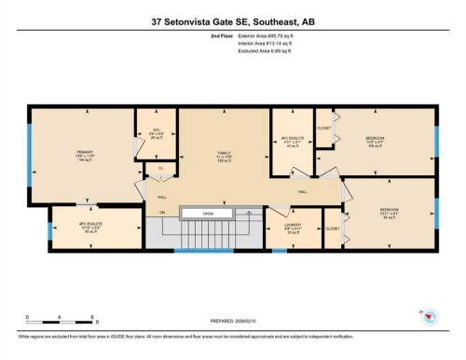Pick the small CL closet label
pos(160,169)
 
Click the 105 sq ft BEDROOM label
pos(376,140)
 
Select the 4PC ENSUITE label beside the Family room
pos(292,141)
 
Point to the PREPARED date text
pos(232,315)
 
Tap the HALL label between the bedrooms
pos(302,190)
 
